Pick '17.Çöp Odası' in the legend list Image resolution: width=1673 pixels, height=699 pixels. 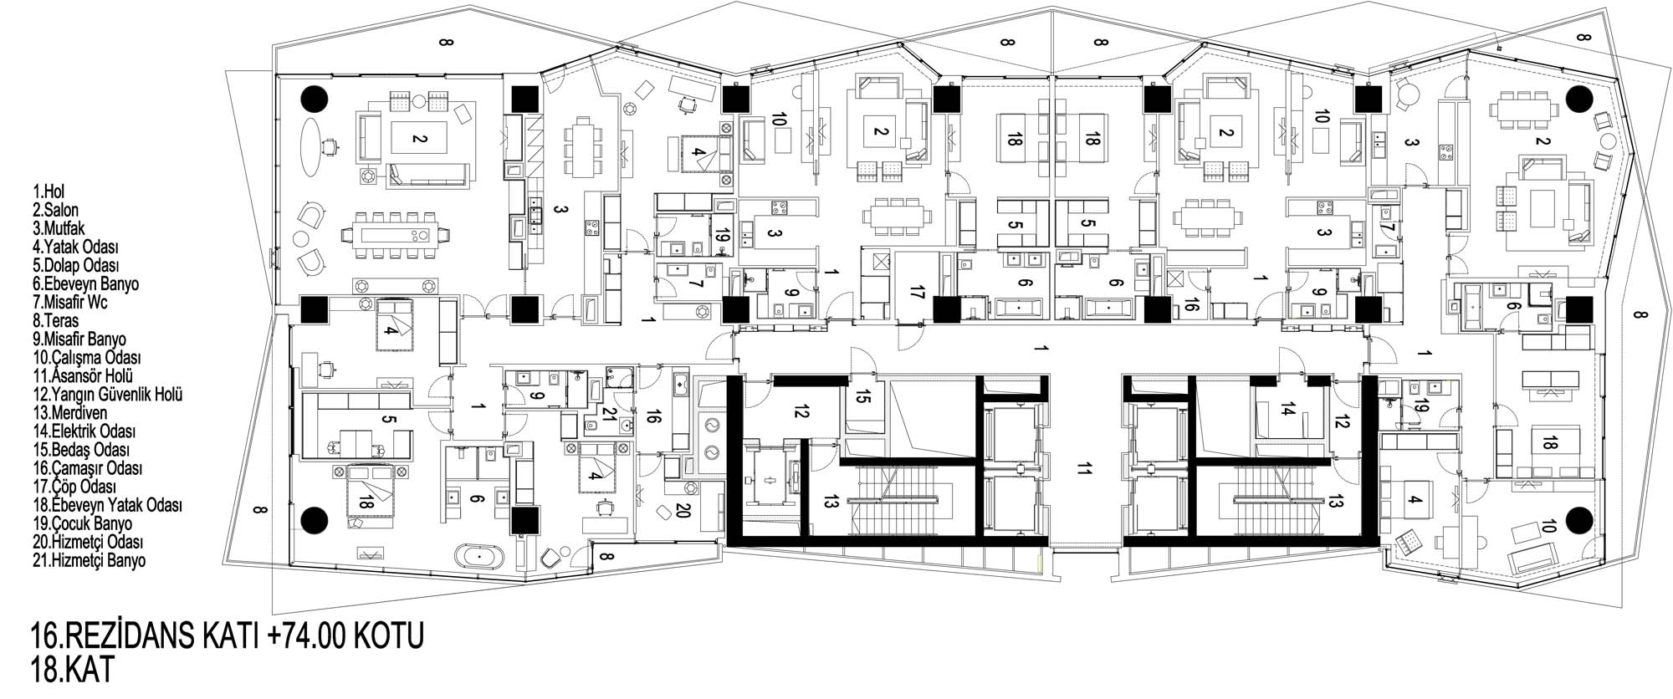pos(74,487)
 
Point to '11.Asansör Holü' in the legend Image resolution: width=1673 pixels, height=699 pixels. pos(83,376)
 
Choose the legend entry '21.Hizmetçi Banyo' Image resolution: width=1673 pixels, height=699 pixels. pos(90,560)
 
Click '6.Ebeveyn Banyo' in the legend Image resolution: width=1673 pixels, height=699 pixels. pos(86,284)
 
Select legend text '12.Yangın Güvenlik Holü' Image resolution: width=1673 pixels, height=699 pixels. pos(108,395)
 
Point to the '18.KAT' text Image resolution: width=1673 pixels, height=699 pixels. pos(71,671)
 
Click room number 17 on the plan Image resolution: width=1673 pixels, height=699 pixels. pos(918,293)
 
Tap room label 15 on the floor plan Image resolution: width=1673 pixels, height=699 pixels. pos(862,401)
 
